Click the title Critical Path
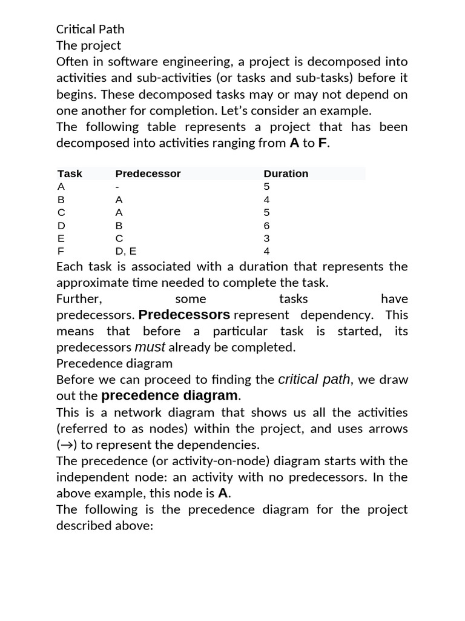(x=90, y=29)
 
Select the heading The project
(x=88, y=45)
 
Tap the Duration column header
(x=286, y=173)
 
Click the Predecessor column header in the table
(x=148, y=173)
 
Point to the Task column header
(x=70, y=173)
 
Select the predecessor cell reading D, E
(x=126, y=251)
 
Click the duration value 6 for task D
(x=267, y=226)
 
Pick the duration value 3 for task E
(x=267, y=238)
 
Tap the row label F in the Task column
(x=61, y=251)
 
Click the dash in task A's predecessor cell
(x=117, y=187)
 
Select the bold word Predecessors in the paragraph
(x=184, y=315)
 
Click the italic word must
(x=150, y=347)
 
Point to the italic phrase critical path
(x=314, y=380)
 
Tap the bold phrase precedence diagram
(x=170, y=396)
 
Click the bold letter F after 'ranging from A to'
(x=323, y=143)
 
